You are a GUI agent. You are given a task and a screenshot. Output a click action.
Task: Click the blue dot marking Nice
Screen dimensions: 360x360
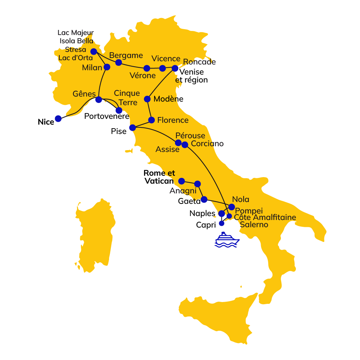[x=58, y=118]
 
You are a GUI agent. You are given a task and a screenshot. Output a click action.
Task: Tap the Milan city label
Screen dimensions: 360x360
[x=92, y=68]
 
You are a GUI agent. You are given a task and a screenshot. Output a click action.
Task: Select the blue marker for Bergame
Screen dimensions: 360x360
[x=118, y=62]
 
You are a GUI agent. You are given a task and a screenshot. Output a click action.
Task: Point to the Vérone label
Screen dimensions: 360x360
[x=143, y=76]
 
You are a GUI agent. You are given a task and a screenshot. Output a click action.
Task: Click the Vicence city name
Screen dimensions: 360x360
[x=166, y=59]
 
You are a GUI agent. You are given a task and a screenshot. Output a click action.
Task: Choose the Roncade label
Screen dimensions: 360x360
[x=199, y=62]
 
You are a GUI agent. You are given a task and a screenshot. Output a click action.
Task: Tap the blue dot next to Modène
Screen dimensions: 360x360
[x=147, y=99]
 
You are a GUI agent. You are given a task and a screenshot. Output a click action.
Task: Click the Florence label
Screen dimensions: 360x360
[x=173, y=120]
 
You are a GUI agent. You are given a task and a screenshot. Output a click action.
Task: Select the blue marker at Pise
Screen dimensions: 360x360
[x=132, y=127]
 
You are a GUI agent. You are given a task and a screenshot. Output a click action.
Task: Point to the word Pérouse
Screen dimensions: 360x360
[x=190, y=136]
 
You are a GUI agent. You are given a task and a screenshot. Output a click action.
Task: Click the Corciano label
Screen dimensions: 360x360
[x=207, y=144]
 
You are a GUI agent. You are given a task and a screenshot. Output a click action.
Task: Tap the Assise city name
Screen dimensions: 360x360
[x=167, y=149]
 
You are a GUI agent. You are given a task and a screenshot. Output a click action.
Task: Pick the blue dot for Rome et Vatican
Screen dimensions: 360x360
[x=182, y=181]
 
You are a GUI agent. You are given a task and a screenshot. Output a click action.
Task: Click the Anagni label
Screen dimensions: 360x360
[x=183, y=191]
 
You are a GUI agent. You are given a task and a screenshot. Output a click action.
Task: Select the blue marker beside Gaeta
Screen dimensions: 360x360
[x=204, y=199]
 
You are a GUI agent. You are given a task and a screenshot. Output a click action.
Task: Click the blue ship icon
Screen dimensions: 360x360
[x=227, y=240]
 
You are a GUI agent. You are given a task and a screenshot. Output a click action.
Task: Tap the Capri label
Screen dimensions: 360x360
[x=206, y=225]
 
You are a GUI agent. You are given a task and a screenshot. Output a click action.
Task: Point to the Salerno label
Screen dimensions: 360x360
[x=254, y=225]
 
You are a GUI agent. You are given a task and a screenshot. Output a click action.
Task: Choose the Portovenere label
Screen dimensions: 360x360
[x=107, y=117]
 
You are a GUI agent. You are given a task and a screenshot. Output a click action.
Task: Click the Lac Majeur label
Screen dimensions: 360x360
[x=76, y=33]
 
